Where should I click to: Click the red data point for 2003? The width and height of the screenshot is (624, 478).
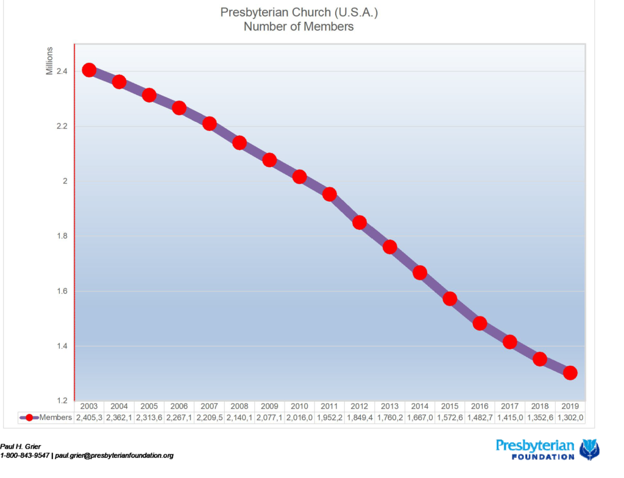click(x=89, y=70)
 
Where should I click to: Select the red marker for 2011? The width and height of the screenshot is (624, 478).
click(x=330, y=194)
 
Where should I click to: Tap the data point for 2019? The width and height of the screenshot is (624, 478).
click(x=570, y=373)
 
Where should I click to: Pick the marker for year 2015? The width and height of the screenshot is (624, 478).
click(x=450, y=299)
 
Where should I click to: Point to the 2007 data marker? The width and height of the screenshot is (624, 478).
click(x=209, y=124)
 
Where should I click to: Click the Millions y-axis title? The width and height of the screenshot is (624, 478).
click(x=50, y=61)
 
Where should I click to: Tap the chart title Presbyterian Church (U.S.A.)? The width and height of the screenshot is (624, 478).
click(x=299, y=12)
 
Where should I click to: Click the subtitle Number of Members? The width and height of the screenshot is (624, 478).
click(x=299, y=27)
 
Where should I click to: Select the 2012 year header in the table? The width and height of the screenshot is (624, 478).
click(x=360, y=406)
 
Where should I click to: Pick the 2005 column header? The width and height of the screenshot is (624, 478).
click(x=149, y=406)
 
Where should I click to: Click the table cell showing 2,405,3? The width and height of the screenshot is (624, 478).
click(x=89, y=418)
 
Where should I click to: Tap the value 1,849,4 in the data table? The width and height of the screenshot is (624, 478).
click(x=360, y=418)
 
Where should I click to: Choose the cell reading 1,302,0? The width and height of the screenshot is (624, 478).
click(x=570, y=418)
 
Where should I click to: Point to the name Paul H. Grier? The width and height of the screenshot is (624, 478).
click(x=21, y=447)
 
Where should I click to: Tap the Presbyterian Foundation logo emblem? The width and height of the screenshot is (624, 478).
click(x=589, y=449)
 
